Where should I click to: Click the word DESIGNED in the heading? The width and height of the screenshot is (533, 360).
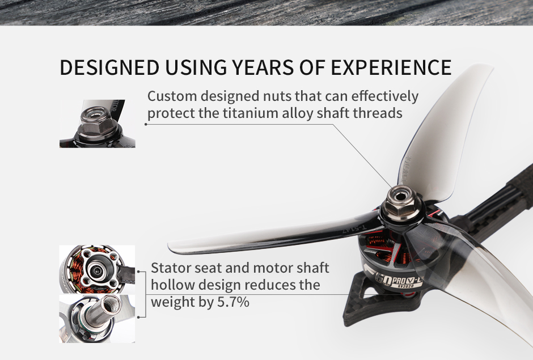tap(109, 67)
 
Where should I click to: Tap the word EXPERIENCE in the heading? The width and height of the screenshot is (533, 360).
tap(391, 67)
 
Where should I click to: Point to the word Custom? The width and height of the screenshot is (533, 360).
tap(172, 96)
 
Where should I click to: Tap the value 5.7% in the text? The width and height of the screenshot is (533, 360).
tap(233, 302)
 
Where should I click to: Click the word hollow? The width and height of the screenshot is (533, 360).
tap(173, 285)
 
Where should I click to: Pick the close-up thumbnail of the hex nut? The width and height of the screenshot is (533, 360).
tap(97, 124)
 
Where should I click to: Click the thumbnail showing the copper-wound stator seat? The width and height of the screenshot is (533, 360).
tap(97, 269)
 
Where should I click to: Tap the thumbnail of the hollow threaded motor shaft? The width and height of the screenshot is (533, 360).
tap(97, 319)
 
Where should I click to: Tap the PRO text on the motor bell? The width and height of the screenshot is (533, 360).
tap(397, 279)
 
